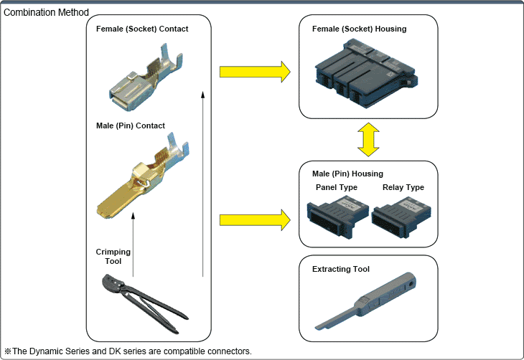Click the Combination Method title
(47, 12)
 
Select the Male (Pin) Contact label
(131, 125)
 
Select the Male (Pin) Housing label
(348, 174)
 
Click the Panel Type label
(337, 188)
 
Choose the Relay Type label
(403, 188)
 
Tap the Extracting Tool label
(341, 269)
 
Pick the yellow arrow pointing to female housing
(255, 72)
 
